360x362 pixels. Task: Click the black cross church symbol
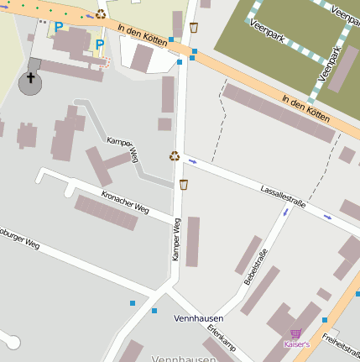coord(31,79)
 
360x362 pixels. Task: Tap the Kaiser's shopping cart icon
coord(295,333)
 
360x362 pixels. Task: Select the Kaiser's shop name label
coord(296,344)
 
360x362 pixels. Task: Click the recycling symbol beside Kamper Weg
coord(175,155)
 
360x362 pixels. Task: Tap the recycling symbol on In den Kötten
coord(101,14)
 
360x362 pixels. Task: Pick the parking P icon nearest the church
coord(58,28)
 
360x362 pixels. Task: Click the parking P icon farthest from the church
coord(100,45)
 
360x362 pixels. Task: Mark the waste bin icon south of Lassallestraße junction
coord(184,184)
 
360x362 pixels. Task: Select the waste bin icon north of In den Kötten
coord(194,28)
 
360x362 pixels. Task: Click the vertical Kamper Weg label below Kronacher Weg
coord(177,239)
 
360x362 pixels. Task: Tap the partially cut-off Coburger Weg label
coord(18,238)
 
